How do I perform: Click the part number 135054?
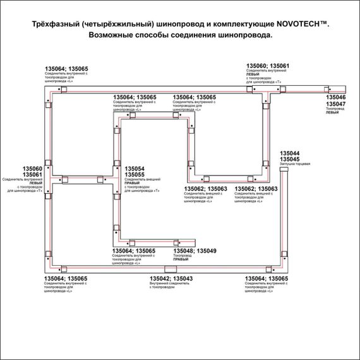[135, 169]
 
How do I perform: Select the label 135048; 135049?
[195, 251]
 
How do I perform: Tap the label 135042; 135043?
[171, 279]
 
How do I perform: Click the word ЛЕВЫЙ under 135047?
[332, 113]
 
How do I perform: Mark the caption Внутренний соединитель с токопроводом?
[171, 285]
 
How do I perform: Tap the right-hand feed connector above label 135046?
[327, 88]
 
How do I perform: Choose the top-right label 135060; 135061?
[268, 66]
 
